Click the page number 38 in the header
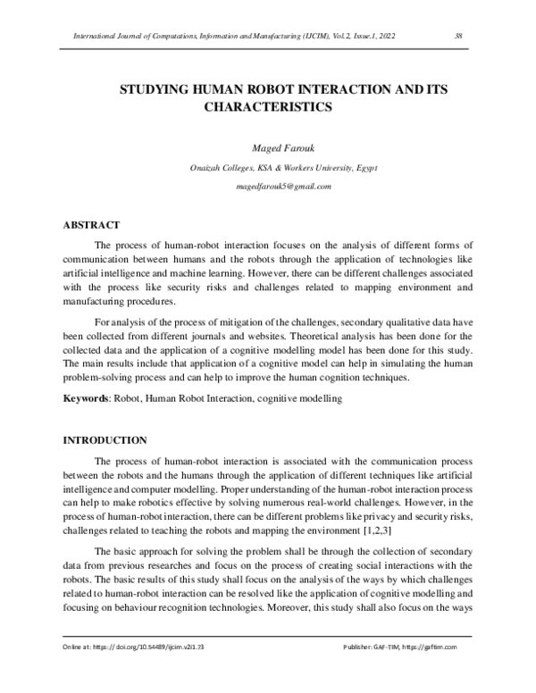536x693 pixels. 457,36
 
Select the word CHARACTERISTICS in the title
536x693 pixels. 269,107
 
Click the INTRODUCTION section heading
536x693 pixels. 103,440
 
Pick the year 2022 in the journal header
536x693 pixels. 387,36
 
